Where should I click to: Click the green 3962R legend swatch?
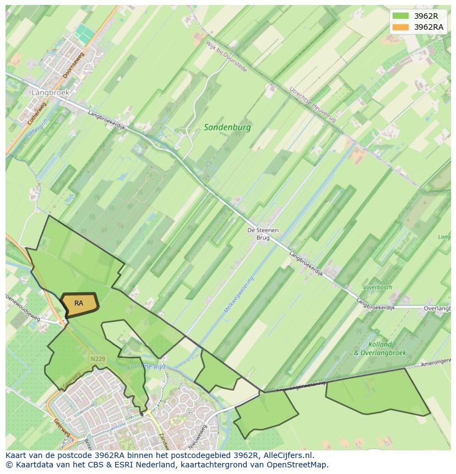(x=400, y=16)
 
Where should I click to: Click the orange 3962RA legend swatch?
(x=400, y=27)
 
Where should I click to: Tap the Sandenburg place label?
(x=227, y=127)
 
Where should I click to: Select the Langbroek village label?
(x=50, y=92)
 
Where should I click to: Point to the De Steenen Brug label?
(x=263, y=234)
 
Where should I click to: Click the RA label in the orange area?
(x=79, y=303)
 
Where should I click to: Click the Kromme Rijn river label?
(x=146, y=367)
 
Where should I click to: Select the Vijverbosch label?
(x=377, y=287)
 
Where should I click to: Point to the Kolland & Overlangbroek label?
(x=379, y=348)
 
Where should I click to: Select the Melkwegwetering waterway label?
(x=237, y=296)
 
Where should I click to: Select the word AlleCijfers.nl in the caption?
(x=287, y=455)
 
